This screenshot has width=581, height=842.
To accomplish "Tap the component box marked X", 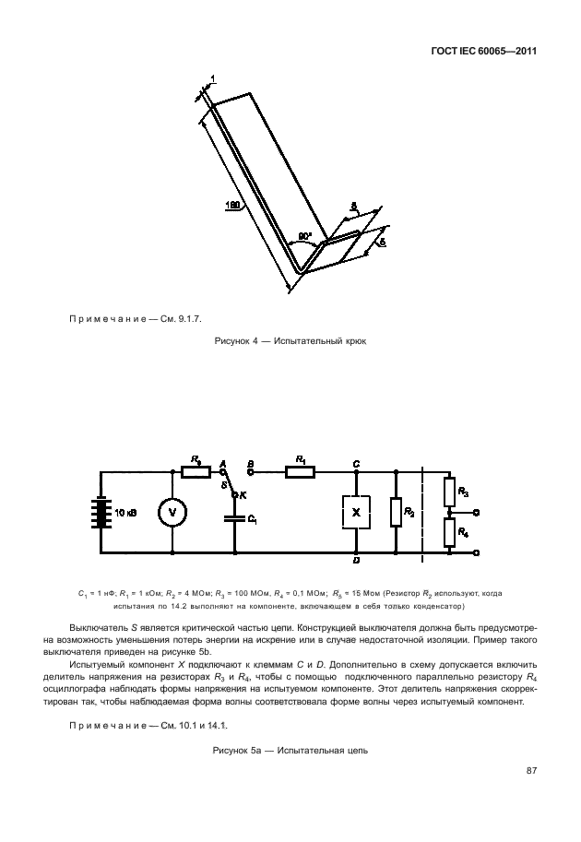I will (x=356, y=511).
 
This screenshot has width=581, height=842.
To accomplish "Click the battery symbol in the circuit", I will (x=99, y=513).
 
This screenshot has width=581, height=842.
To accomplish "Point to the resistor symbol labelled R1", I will (x=300, y=471).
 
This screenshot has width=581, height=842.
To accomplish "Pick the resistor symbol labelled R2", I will (x=396, y=512).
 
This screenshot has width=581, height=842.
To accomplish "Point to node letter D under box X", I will (x=356, y=561).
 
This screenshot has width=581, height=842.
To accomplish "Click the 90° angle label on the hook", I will (x=304, y=236).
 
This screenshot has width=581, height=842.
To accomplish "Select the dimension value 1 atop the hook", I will (x=212, y=81).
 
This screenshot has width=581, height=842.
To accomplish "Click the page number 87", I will (x=531, y=770).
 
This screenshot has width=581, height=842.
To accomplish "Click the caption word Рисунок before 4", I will (x=231, y=341).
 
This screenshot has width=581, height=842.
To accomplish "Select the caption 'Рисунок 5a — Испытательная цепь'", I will (x=290, y=750).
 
